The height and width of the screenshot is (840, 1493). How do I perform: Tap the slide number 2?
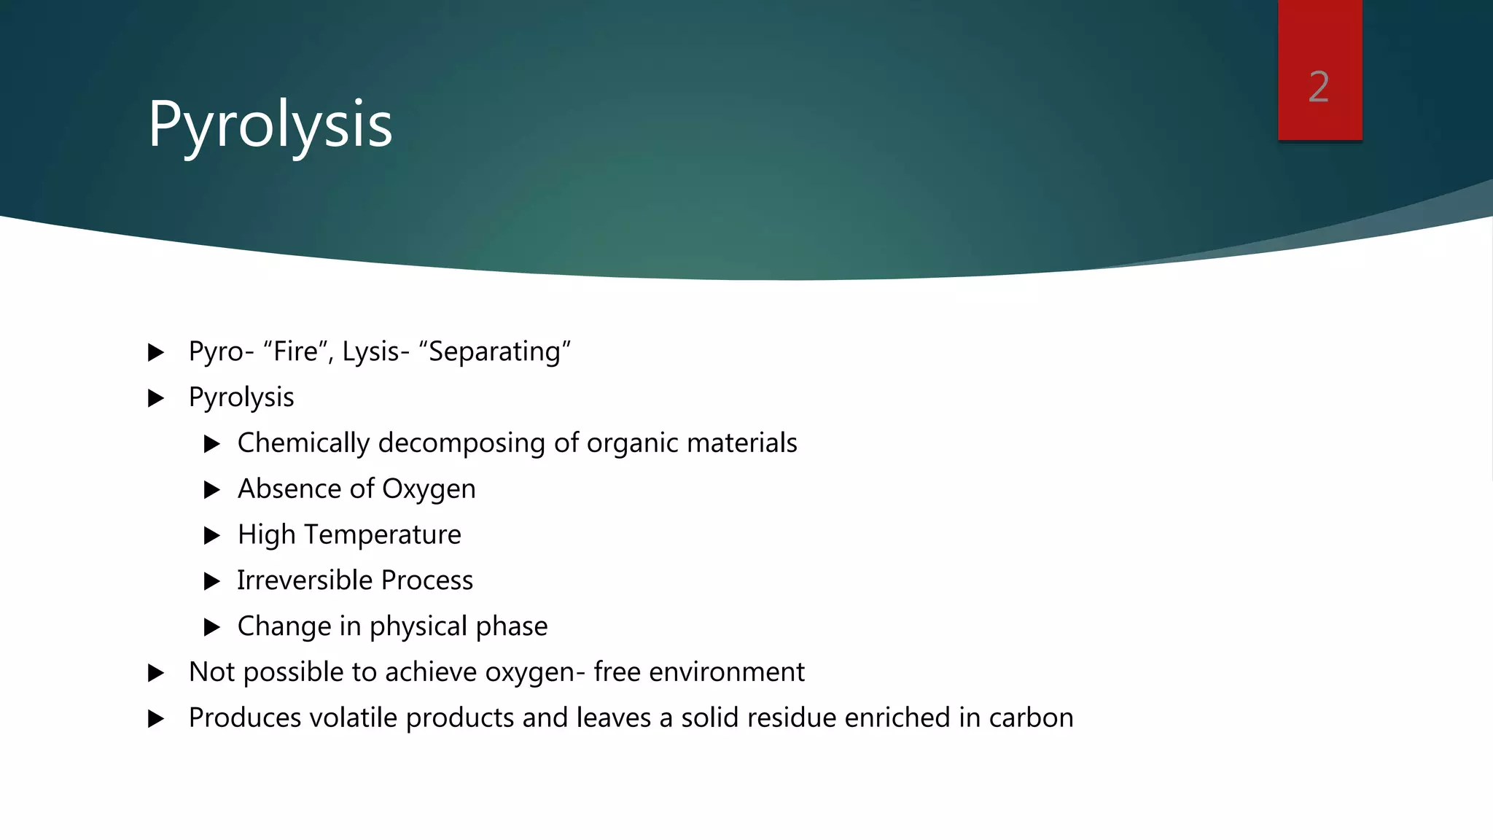1319,87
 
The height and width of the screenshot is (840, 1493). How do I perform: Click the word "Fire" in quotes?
296,351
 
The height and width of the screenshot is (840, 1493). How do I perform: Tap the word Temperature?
383,535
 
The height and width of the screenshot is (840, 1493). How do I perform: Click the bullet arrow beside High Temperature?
212,536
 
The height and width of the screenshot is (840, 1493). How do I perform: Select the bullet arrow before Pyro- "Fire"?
156,353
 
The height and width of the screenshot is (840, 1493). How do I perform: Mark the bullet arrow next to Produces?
156,719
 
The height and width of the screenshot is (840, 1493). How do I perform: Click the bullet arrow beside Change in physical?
212,627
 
